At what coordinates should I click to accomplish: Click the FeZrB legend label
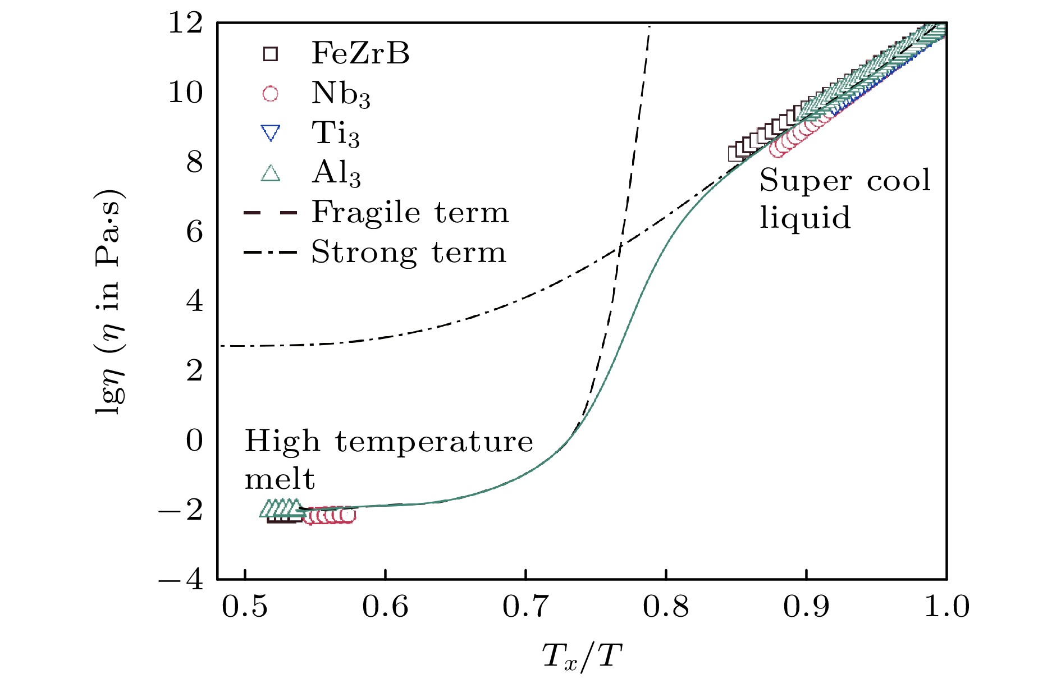coord(360,53)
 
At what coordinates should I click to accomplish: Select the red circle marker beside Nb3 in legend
coord(271,94)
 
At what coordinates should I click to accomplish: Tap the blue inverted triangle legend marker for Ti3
coord(271,134)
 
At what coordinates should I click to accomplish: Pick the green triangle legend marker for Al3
coord(271,173)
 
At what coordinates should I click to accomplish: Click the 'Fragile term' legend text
coord(410,213)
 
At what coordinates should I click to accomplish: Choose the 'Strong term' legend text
coord(409,253)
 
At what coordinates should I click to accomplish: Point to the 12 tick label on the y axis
coord(185,24)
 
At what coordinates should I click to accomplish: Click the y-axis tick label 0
coord(194,441)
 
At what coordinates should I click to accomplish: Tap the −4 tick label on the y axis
coord(181,579)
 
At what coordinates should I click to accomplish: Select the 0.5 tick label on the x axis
coord(245,607)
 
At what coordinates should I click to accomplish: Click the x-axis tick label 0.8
coord(666,607)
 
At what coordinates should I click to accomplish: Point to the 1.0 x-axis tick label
coord(946,607)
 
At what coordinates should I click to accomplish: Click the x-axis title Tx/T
coord(582,656)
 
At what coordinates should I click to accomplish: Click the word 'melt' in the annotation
coord(280,479)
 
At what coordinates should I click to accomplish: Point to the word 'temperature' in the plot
coord(434,442)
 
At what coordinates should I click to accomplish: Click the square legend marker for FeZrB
coord(271,54)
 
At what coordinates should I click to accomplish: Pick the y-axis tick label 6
coord(194,232)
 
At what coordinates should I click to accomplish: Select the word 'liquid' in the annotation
coord(805,218)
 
